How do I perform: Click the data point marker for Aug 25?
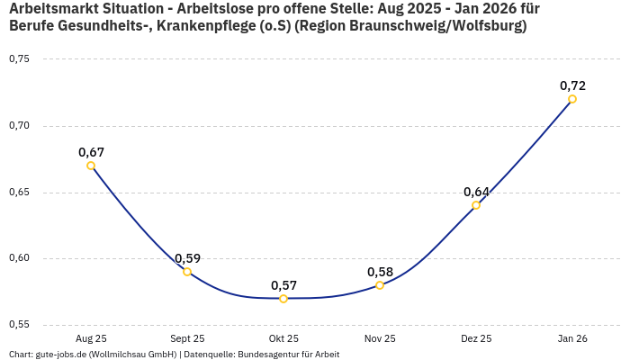[x=91, y=166]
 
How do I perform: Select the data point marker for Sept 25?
[x=187, y=272]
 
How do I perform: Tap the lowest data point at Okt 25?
[x=283, y=299]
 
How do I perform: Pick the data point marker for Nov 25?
[x=380, y=285]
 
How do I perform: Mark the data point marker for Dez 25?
[x=476, y=205]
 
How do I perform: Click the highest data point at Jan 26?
[x=572, y=99]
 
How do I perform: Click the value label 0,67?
[x=91, y=152]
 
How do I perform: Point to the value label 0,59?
[x=187, y=258]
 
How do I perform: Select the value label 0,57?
[x=283, y=285]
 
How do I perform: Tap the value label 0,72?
[x=572, y=85]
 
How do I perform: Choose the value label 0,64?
[x=476, y=192]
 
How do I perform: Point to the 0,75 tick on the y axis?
[x=19, y=59]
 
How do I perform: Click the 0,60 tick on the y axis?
[x=19, y=259]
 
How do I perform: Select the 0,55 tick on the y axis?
[x=19, y=325]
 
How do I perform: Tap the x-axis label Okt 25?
[x=283, y=338]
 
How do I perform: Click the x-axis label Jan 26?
[x=572, y=338]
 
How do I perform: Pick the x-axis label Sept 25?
[x=187, y=338]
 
